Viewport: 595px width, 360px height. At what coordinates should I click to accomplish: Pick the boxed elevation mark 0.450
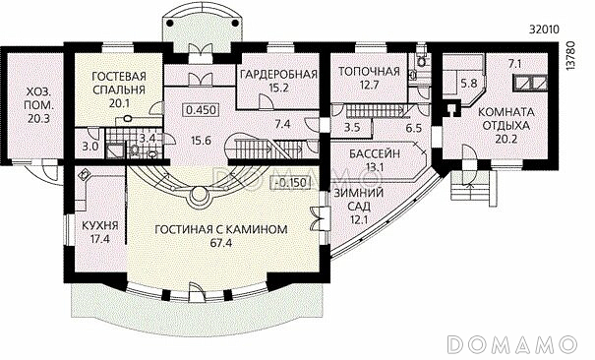click(202, 109)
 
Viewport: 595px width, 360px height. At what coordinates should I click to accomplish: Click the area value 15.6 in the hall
click(202, 140)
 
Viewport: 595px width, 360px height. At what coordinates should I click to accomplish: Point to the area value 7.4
click(282, 125)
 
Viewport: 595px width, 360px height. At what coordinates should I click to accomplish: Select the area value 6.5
click(413, 128)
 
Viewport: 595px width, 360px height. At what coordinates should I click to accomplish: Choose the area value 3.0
click(89, 147)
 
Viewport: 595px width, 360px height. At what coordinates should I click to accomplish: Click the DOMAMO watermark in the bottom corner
click(518, 343)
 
